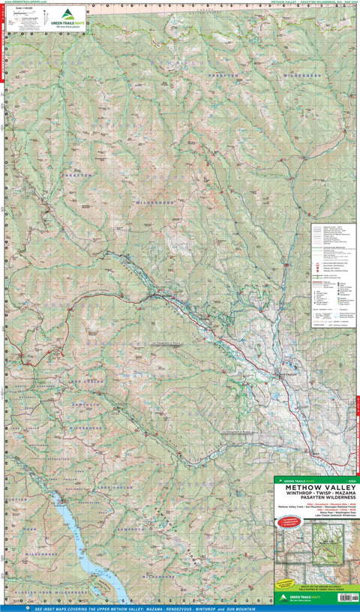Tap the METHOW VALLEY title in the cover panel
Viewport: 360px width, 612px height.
coord(314,487)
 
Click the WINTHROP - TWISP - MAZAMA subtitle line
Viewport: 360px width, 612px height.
coord(314,495)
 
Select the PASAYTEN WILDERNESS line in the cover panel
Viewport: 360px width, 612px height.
coord(314,501)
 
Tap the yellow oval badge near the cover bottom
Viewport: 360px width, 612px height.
coord(285,583)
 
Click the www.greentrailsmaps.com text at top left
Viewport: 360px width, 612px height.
coord(25,3)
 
